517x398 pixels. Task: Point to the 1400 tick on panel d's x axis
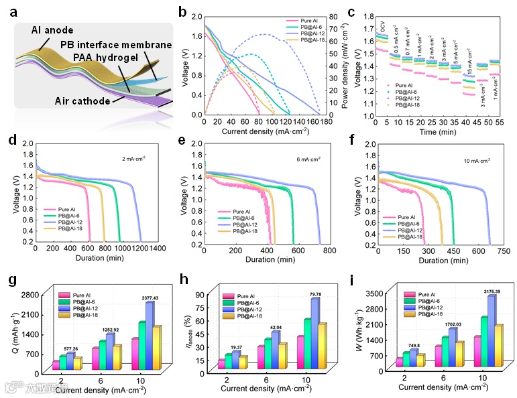[158, 249]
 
